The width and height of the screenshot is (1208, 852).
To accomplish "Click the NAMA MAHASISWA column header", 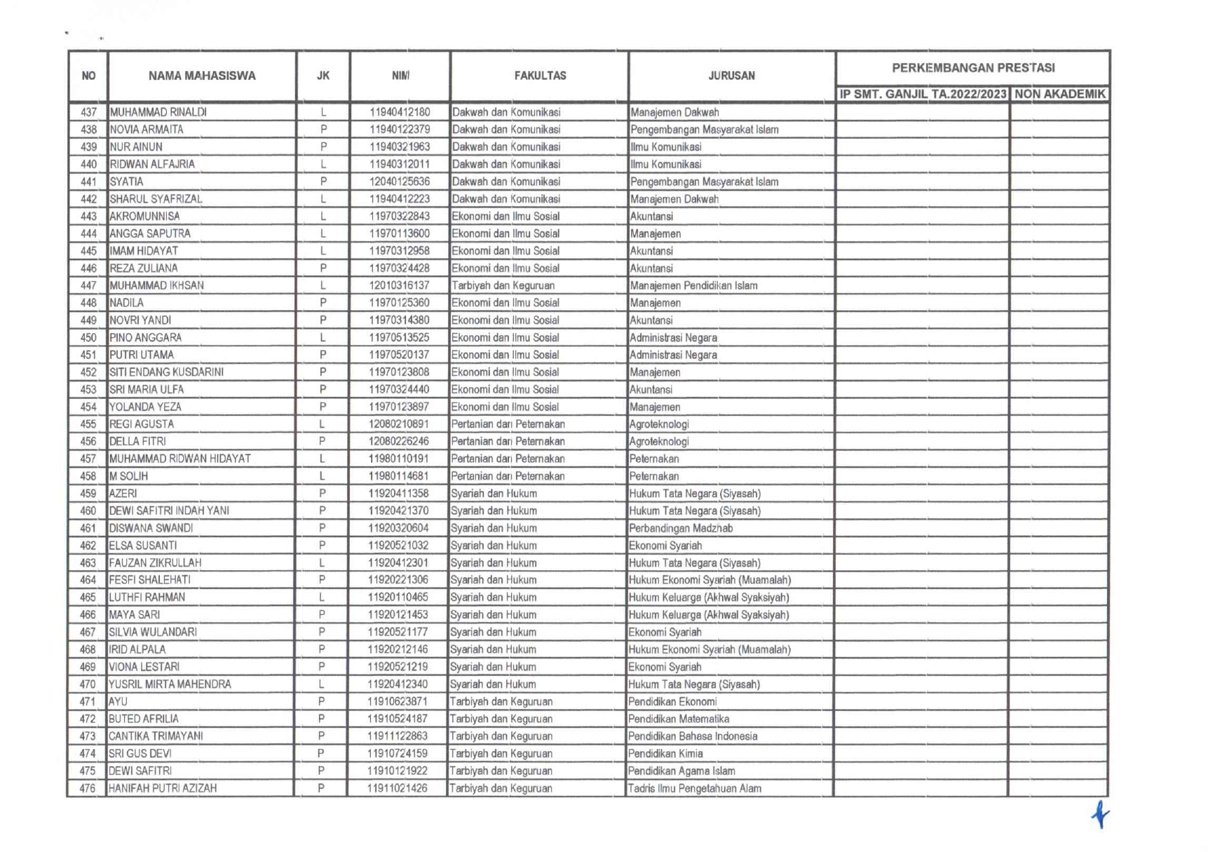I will [202, 76].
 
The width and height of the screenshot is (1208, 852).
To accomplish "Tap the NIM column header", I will [400, 76].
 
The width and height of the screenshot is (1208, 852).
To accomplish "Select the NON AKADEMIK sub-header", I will [1059, 94].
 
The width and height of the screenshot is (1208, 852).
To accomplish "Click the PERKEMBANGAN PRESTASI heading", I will [972, 68].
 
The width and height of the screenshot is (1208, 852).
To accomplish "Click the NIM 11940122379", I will [400, 130].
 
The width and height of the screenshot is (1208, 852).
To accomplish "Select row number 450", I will [88, 338].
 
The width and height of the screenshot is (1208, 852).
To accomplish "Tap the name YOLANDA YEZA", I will [146, 407].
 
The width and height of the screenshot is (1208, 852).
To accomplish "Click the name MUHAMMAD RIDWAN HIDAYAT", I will [180, 459].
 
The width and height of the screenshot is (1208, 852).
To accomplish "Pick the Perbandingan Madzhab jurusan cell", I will [680, 528].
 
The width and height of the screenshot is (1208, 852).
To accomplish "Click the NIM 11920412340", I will [398, 684].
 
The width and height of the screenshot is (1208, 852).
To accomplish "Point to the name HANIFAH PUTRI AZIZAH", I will [163, 788].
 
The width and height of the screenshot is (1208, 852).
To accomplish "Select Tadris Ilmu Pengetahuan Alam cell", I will [694, 788].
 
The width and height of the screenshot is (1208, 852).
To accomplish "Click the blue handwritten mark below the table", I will [1100, 814].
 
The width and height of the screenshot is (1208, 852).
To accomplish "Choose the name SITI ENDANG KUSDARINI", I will [167, 372].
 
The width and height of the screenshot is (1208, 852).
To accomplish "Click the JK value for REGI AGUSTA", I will [323, 424].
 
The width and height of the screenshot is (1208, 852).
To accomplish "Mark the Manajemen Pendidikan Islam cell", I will [693, 286].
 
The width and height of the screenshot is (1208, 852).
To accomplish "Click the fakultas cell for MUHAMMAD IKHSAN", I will [503, 286].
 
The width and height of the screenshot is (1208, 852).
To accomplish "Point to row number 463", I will [88, 563].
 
